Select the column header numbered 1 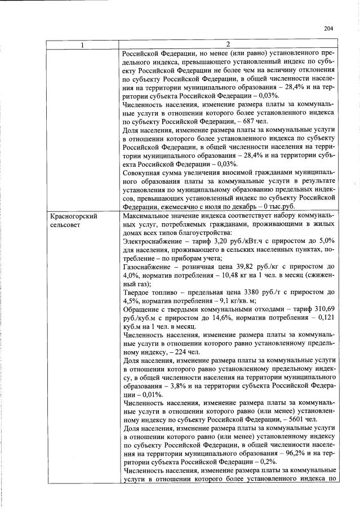coord(82,44)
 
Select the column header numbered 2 coord(228,44)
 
